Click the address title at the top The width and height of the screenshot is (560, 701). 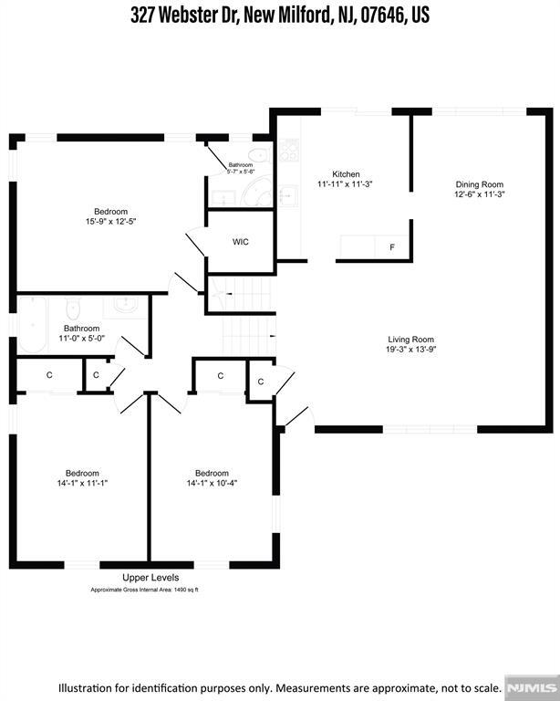pos(280,16)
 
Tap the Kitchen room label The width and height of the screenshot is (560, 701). pos(346,174)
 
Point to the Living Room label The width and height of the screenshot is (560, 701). pos(410,340)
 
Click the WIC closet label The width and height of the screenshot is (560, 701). pos(240,242)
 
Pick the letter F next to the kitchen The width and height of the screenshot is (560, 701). pos(392,247)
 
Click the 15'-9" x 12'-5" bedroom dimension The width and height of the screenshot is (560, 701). pos(110,221)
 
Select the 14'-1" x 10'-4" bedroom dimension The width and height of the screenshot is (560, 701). pos(213,483)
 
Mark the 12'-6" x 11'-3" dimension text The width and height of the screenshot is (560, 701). pos(480,194)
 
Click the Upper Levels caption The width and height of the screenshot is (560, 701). pos(150,578)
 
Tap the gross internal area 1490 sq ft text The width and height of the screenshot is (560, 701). pos(144,590)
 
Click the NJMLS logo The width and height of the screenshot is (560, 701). pos(532,686)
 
